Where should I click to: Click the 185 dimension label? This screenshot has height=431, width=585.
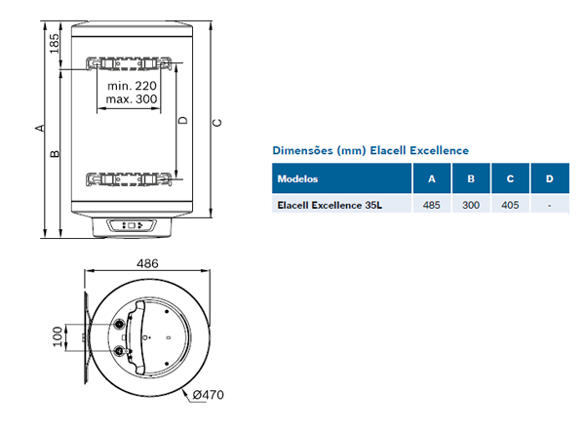click(55, 43)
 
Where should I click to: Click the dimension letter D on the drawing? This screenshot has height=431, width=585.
click(182, 121)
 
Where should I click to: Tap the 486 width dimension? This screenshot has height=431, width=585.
click(148, 265)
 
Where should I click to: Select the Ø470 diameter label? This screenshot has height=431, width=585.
click(210, 395)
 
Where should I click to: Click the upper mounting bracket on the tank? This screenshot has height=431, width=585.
click(134, 65)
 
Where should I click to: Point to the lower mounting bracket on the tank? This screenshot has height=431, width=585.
click(134, 179)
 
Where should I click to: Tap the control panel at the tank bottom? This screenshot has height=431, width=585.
click(135, 226)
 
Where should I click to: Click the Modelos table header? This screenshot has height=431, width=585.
click(297, 179)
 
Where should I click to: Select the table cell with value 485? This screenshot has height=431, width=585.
click(431, 206)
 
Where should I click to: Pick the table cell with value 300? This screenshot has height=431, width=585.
click(471, 206)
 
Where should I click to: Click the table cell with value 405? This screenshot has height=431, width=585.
click(509, 206)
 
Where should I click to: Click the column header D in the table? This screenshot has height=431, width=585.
click(550, 179)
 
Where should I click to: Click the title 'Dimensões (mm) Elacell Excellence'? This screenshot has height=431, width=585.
click(370, 151)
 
